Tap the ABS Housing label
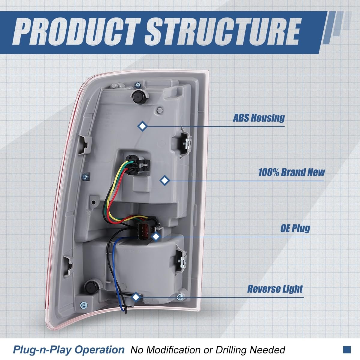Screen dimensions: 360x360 click(259, 118)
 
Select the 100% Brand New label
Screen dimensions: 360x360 click(291, 172)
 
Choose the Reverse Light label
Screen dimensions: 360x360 click(275, 289)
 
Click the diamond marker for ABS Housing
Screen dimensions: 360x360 click(142, 126)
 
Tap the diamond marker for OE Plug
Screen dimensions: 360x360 click(155, 237)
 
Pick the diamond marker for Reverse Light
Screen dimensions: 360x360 click(136, 297)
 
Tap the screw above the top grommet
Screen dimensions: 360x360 click(137, 85)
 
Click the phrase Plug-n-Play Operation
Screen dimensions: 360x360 click(68, 349)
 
